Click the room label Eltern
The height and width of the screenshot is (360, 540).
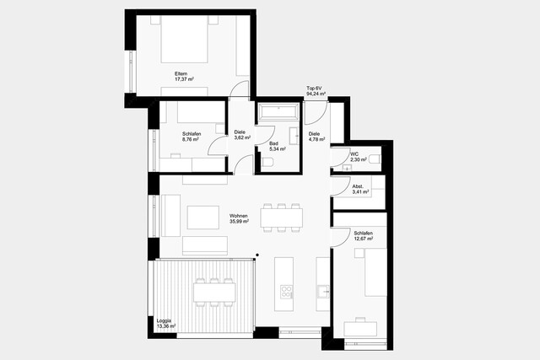coord(181,73)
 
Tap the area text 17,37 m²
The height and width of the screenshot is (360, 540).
coord(184,79)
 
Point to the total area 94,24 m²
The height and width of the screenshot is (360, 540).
coord(316,94)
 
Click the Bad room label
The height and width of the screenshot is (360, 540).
coord(273,143)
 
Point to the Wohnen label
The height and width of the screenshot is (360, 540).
coord(239,216)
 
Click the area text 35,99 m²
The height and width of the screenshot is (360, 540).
coord(240,222)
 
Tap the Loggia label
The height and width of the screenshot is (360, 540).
coord(164,320)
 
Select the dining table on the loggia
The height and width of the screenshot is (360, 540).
coord(213,292)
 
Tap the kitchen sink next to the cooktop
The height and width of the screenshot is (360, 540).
coord(323,292)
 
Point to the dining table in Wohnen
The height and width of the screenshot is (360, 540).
coord(281,218)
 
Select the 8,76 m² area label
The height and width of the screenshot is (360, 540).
coord(190,140)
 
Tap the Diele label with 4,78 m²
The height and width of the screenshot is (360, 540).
coord(315,141)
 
